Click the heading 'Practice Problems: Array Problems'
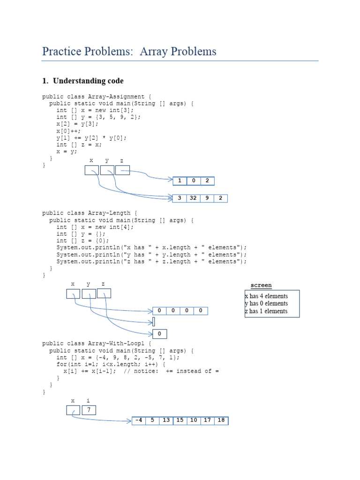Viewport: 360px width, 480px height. pos(129,51)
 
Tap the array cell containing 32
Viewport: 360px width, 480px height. pos(193,198)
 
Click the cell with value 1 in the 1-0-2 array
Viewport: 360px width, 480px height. pos(180,180)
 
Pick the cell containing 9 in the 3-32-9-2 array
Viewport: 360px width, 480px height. pos(207,198)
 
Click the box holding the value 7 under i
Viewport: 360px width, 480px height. pos(89,410)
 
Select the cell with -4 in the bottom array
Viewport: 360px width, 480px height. pos(139,420)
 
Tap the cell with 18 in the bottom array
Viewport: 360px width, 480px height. pos(221,420)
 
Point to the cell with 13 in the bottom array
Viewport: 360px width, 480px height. pos(166,420)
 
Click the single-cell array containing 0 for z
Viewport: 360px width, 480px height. pos(160,334)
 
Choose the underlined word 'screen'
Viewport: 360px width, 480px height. pos(261,285)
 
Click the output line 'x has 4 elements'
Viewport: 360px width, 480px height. pos(266,296)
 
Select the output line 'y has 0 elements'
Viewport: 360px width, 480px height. pos(266,303)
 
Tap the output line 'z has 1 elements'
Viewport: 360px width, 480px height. pos(266,311)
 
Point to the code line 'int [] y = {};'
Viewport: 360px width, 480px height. pos(78,234)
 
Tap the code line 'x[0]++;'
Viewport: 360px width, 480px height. pos(69,131)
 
